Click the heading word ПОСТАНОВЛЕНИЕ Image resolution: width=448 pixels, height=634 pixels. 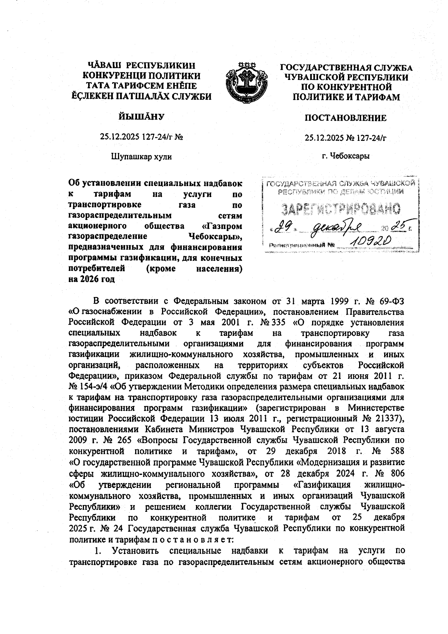[x=345, y=118]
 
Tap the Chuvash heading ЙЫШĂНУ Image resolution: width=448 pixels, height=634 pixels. [x=141, y=117]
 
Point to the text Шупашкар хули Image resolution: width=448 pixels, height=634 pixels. [x=141, y=157]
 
